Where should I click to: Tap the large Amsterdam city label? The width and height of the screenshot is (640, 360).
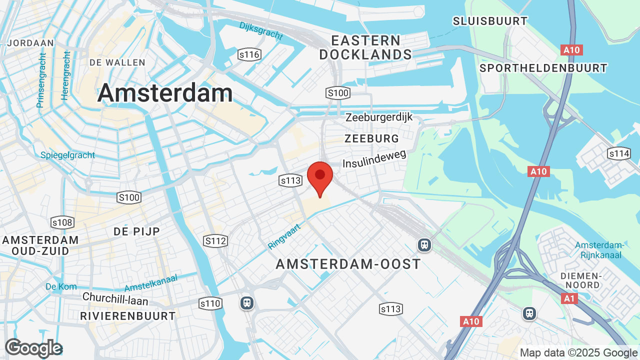point(165,93)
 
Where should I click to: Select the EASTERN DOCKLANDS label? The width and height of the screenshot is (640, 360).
point(365,47)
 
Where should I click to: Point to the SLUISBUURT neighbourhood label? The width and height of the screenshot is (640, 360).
point(490,21)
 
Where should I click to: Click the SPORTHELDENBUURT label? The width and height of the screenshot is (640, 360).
point(543,68)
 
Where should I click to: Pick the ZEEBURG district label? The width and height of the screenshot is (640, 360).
point(372,138)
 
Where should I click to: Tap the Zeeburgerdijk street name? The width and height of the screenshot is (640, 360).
point(379,117)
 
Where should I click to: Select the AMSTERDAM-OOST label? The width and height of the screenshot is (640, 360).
point(348,264)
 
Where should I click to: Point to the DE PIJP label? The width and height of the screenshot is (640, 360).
point(136,231)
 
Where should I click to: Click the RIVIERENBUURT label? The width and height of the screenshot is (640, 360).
point(128,316)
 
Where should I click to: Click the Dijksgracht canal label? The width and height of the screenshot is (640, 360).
point(260,31)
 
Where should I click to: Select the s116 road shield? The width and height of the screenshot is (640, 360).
point(248,55)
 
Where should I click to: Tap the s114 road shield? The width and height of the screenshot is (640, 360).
point(618,153)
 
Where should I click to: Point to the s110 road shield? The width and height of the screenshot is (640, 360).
point(210,303)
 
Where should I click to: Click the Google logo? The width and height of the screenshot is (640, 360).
point(33,348)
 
